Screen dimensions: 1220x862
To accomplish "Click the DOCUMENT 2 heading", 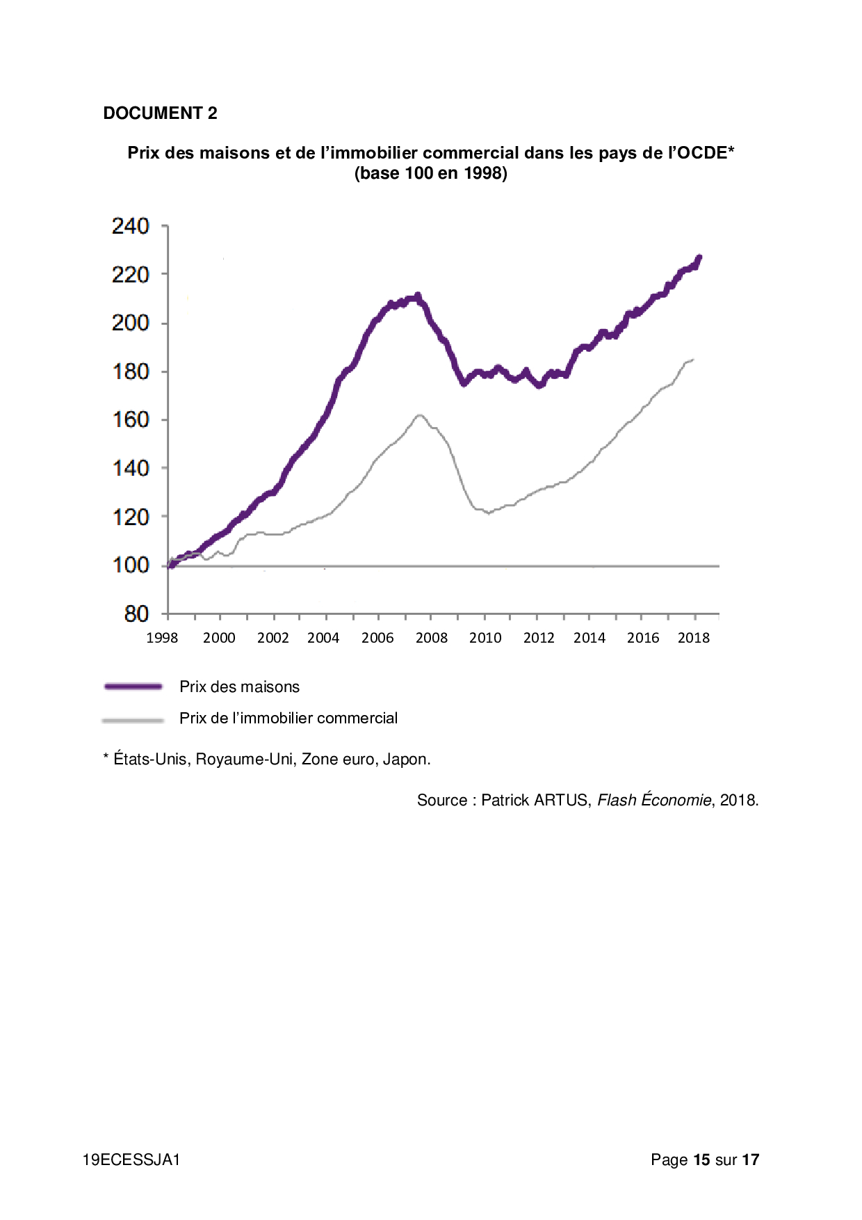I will pos(160,113).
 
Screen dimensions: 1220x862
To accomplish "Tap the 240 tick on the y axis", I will pos(131,226).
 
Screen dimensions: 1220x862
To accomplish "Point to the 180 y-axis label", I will pos(131,371).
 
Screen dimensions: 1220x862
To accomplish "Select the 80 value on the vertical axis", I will pos(136,613).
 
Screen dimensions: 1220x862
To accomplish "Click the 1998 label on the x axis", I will pos(162,638).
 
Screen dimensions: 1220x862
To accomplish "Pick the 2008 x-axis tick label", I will pos(432,638).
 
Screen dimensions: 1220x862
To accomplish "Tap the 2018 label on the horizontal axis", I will pos(694,638).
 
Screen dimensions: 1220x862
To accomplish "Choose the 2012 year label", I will pos(539,638).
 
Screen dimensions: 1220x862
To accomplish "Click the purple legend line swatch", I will pos(133,687).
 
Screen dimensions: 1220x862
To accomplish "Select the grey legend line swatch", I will pos(133,720).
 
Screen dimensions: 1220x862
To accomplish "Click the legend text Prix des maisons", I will pos(239,687).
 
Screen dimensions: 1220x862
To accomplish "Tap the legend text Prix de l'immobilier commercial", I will pos(288,719).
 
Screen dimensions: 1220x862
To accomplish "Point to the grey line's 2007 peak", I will pos(419,415).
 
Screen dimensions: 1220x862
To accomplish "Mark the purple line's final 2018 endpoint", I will pos(699,257).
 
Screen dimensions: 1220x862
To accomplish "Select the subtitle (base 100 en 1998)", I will pos(431,173).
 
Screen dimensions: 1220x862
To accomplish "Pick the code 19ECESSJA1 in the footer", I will pos(131,1159).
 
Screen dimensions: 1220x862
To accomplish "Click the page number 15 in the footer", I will pos(701,1159).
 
